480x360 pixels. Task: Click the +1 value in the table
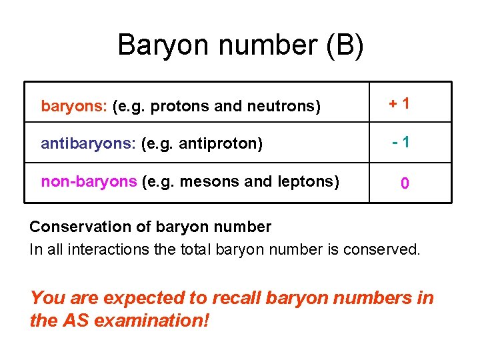tap(400, 103)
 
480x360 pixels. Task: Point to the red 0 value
tap(405, 183)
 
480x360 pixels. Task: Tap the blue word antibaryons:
tap(89, 143)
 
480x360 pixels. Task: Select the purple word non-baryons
tap(89, 181)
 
